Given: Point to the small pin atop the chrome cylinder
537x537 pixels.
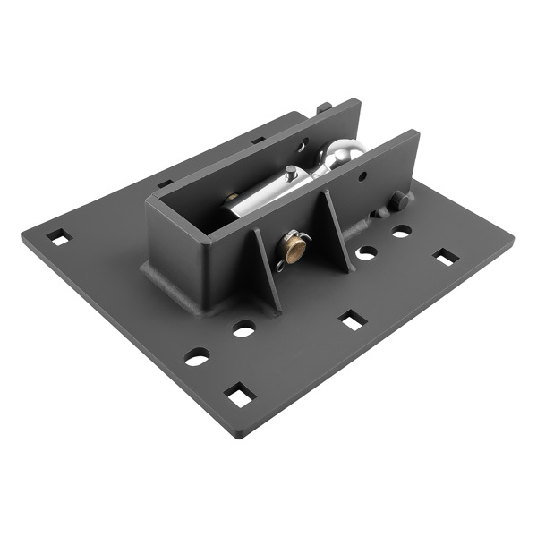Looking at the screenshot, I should click(292, 172).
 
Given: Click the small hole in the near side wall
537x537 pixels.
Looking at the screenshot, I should click(362, 176).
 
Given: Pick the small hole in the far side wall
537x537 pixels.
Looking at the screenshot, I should click(303, 142).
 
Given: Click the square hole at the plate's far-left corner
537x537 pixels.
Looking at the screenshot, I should click(57, 237).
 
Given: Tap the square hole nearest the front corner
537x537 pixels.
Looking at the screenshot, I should click(239, 394).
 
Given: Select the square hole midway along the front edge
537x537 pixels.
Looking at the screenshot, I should click(352, 320).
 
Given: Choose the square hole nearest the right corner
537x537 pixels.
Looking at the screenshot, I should click(445, 258).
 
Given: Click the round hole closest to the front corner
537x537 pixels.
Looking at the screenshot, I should click(197, 357).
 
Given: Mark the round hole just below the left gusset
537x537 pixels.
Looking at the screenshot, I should click(243, 328).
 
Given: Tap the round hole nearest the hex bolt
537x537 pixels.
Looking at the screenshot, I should click(401, 231).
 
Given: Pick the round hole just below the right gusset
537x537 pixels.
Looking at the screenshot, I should click(365, 253).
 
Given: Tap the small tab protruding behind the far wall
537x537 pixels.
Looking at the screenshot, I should click(323, 108).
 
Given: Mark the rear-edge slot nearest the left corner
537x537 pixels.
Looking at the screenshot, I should click(165, 183).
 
